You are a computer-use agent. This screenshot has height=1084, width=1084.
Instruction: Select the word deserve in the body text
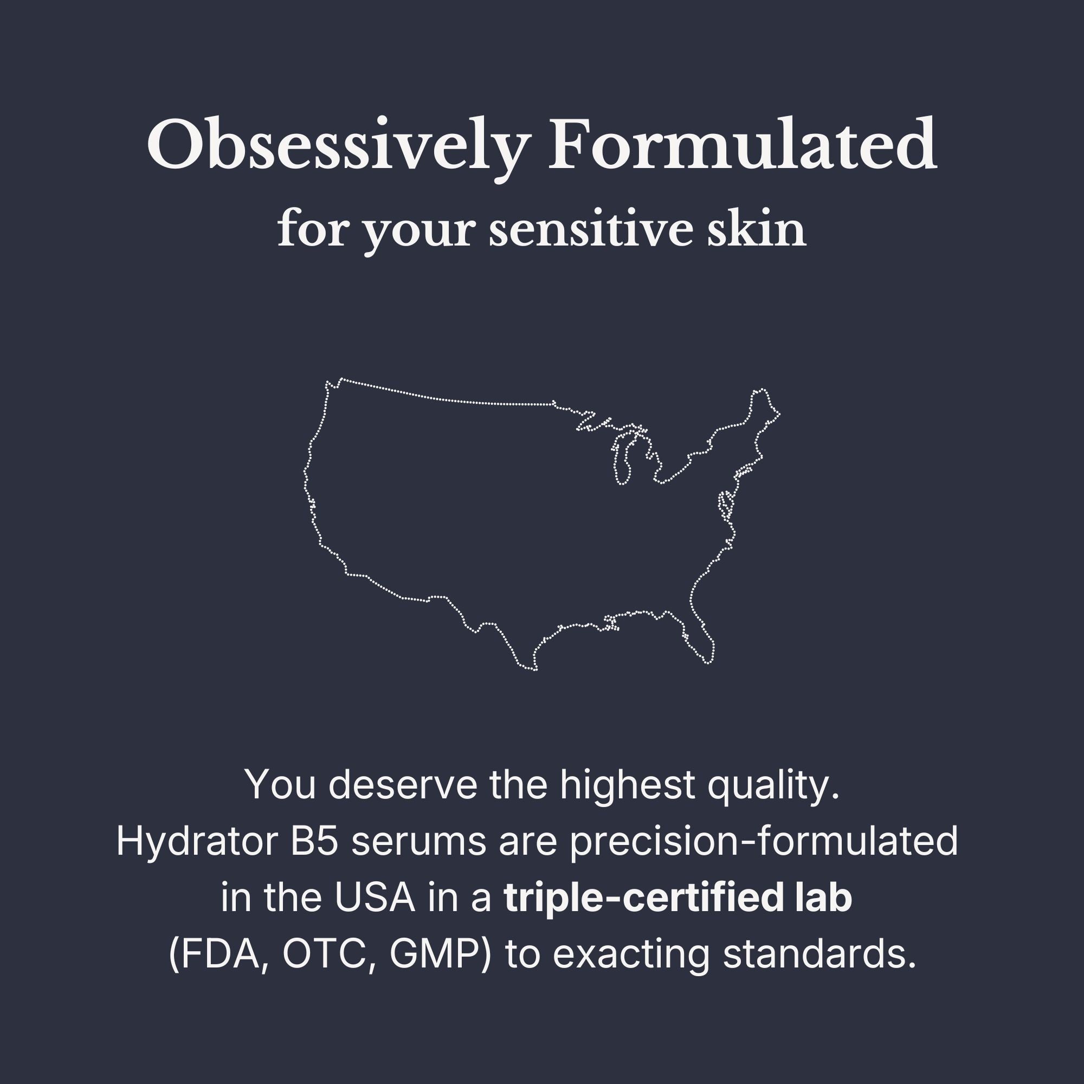click(403, 785)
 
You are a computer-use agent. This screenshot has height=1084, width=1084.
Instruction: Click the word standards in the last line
click(819, 955)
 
